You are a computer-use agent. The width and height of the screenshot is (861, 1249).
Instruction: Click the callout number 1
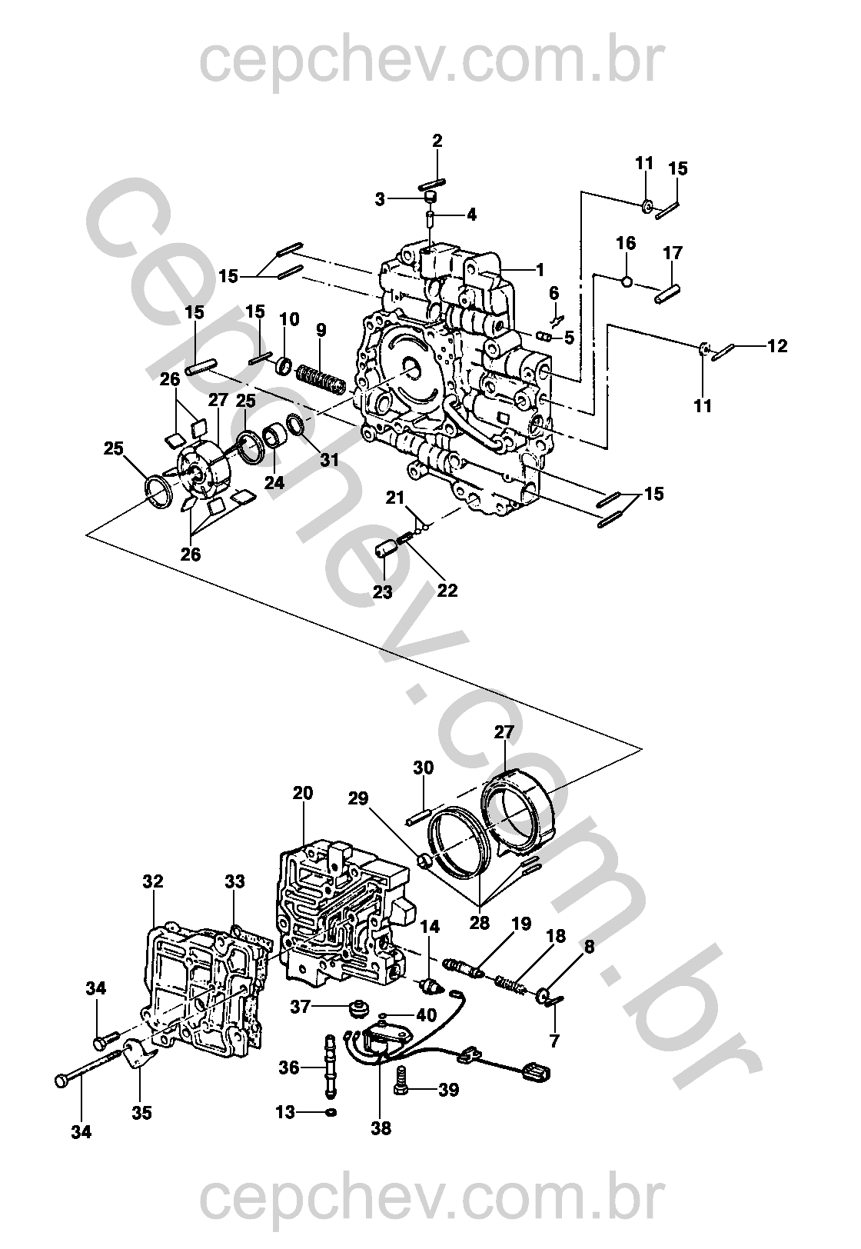[539, 270]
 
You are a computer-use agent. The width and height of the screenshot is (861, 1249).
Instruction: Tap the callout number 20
[303, 792]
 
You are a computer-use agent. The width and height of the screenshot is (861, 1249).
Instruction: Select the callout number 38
[381, 1128]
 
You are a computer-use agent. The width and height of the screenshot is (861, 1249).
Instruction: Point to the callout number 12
[777, 346]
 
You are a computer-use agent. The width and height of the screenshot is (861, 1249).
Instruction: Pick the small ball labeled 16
[627, 281]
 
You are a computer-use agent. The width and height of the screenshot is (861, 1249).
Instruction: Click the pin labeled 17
[667, 293]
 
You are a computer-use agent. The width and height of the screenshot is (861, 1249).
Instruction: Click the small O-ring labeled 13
[331, 1111]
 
